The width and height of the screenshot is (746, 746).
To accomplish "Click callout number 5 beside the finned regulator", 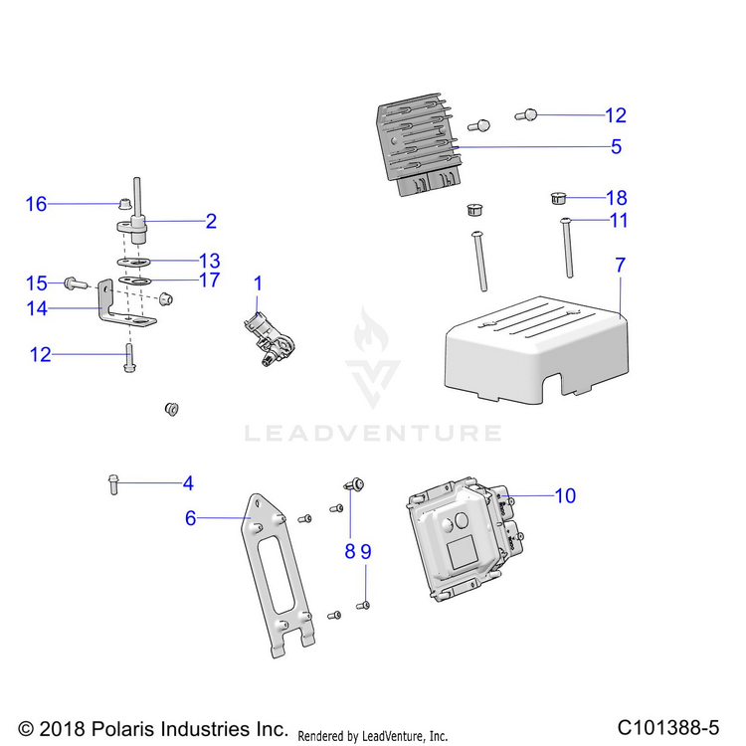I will [x=617, y=147].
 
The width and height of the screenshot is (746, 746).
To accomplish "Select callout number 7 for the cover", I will [x=621, y=266].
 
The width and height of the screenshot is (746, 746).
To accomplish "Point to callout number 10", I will [x=565, y=495].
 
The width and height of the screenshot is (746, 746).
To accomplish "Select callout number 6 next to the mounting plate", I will [x=191, y=517].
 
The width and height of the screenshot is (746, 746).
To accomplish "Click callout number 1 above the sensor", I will [x=258, y=283].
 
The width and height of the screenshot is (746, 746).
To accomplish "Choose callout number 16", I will [x=36, y=204].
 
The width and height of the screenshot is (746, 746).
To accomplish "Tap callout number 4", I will [x=188, y=484].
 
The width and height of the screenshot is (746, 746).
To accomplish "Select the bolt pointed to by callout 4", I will [x=111, y=484].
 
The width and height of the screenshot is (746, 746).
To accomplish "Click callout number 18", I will [x=617, y=197].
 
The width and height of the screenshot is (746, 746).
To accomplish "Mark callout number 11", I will [x=619, y=220].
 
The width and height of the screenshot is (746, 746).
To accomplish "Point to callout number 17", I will [x=209, y=280].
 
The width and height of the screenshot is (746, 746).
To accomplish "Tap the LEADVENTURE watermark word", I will [x=373, y=433].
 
